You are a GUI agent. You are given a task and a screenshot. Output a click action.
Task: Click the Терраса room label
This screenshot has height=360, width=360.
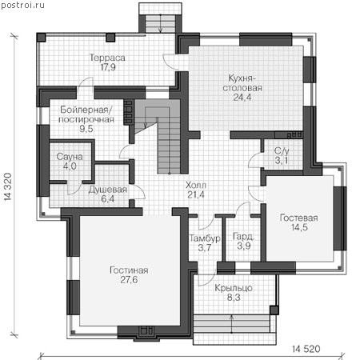pos(107,58)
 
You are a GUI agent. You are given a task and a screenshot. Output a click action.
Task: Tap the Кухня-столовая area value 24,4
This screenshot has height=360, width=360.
pos(242,98)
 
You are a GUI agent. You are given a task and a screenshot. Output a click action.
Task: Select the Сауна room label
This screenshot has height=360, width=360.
pos(70,157)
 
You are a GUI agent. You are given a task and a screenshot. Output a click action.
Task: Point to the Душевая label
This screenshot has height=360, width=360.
pos(108,190)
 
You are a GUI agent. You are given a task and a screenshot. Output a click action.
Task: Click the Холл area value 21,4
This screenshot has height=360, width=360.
pos(196,195)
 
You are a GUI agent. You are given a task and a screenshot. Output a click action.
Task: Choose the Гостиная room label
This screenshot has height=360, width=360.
pos(129,270)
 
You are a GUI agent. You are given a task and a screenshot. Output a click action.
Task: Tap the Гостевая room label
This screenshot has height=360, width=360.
pos(299,218)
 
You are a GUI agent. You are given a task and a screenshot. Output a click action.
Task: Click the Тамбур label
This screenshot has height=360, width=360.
pos(205,238)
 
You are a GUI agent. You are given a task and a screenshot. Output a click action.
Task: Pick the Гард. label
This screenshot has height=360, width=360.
pos(243,236)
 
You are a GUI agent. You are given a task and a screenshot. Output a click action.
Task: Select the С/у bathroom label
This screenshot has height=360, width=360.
pos(282,151)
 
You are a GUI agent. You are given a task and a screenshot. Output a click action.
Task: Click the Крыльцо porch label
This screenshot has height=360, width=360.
pos(234,288)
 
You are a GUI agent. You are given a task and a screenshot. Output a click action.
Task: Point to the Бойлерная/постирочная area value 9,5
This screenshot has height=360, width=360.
pos(86,129)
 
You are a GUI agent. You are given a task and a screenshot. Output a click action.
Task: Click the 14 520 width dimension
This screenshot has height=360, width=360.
pos(306,349)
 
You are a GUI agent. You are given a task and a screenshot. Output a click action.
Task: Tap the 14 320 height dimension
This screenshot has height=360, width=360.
pos(8,186)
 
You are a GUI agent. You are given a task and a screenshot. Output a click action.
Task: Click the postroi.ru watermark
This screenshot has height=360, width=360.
pos(22,5)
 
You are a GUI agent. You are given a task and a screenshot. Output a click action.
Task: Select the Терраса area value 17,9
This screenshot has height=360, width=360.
pos(108,67)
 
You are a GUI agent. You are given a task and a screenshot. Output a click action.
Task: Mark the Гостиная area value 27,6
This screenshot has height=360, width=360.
pos(129,280)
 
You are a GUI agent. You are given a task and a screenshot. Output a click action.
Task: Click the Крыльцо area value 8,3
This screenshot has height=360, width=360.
pos(234,298)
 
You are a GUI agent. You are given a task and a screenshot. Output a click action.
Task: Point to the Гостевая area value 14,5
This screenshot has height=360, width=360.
pos(299,228)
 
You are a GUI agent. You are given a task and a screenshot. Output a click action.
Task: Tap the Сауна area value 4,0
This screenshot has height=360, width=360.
pos(70,166)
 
